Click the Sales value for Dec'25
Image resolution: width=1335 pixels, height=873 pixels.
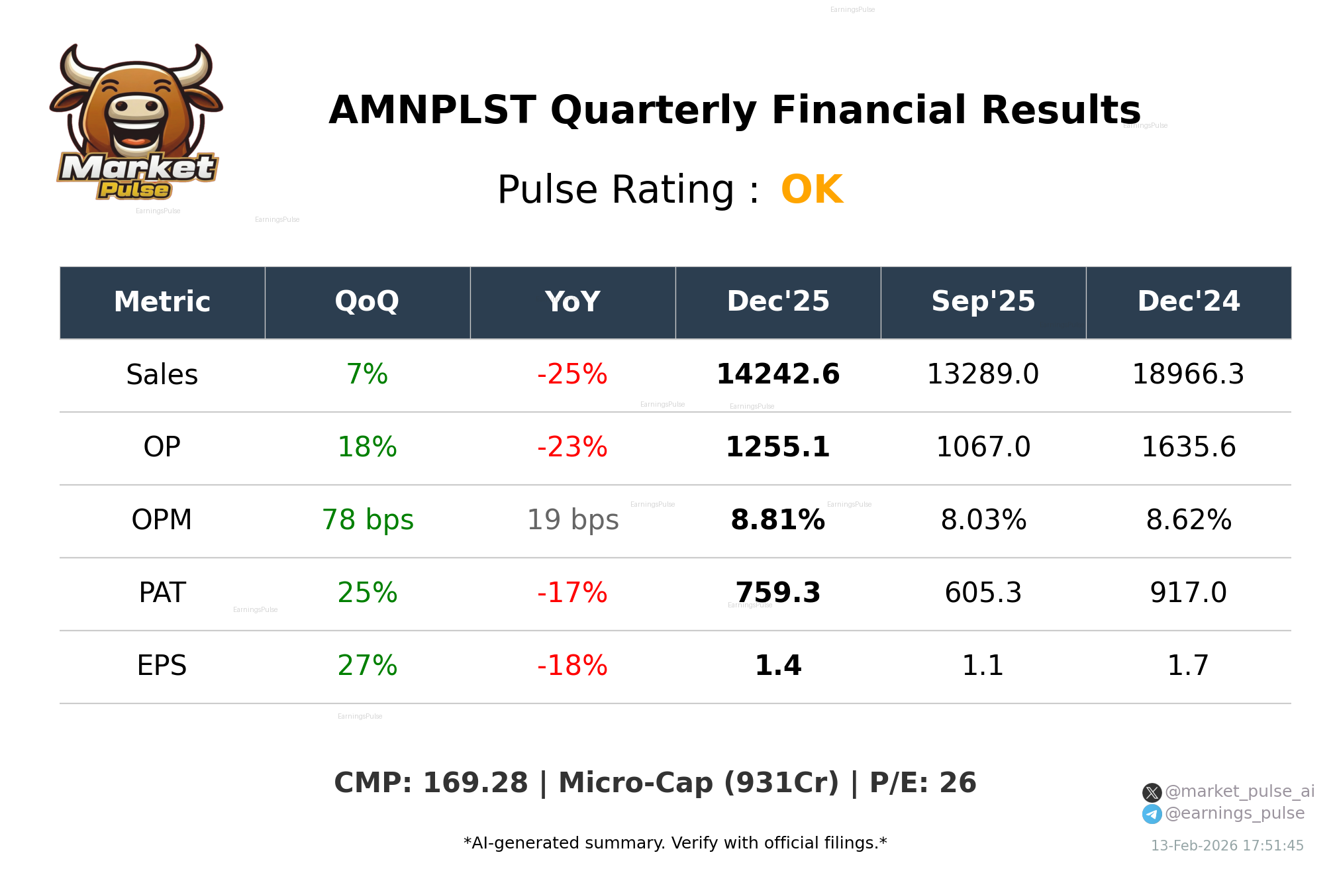click(x=777, y=374)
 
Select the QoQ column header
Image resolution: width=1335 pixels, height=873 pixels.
click(x=367, y=301)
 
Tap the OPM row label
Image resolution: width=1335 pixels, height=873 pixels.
click(x=162, y=520)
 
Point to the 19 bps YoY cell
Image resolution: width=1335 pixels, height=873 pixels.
click(x=572, y=520)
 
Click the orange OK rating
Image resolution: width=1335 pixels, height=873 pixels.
click(x=811, y=190)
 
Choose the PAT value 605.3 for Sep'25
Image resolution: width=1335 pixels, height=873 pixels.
click(x=983, y=593)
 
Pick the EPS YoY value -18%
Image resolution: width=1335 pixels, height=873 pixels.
click(x=572, y=666)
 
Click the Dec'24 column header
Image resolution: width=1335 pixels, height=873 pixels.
click(x=1188, y=301)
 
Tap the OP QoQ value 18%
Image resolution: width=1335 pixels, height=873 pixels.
click(x=367, y=447)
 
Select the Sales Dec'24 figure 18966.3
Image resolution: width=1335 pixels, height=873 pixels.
click(x=1188, y=374)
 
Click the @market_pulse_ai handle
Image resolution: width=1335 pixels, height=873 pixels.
click(x=1239, y=792)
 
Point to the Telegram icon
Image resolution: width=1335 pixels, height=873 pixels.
click(x=1152, y=814)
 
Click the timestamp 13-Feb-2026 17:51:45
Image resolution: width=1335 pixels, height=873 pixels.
click(x=1227, y=846)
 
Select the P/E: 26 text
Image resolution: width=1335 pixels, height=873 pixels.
click(x=922, y=783)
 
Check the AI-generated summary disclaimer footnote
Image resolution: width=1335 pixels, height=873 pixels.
click(x=675, y=843)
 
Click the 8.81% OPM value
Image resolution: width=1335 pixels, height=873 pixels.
click(x=777, y=520)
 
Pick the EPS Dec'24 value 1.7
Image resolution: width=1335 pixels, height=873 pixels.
click(x=1188, y=666)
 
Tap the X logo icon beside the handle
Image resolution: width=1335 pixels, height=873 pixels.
click(x=1152, y=792)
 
